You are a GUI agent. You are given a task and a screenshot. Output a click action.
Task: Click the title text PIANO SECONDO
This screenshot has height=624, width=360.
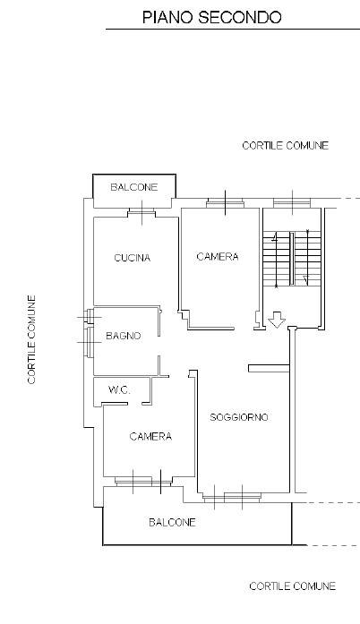212,17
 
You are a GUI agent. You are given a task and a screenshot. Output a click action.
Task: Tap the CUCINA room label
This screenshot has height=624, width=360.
133,258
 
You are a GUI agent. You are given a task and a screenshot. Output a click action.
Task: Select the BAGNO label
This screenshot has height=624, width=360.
124,336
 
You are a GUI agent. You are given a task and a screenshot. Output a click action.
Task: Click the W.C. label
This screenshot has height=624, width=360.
119,390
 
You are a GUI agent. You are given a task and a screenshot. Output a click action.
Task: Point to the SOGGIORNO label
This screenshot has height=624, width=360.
239,417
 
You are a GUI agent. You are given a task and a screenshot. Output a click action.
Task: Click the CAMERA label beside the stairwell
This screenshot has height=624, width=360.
218,257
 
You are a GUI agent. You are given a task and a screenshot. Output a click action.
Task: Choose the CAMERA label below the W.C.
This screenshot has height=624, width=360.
150,437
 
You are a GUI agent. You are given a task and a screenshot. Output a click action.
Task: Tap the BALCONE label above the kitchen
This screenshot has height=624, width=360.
134,187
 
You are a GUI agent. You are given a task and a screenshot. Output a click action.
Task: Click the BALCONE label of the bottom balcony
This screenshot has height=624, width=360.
173,522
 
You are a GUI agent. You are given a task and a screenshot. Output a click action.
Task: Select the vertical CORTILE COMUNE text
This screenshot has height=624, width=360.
32,339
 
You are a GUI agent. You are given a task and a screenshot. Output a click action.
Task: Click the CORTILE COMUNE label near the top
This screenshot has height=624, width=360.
285,145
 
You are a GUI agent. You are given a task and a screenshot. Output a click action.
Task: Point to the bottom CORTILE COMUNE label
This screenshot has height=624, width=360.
292,586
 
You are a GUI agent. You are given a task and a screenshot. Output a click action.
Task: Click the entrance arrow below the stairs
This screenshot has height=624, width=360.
277,320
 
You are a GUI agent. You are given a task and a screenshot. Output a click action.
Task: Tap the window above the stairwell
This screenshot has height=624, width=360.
292,203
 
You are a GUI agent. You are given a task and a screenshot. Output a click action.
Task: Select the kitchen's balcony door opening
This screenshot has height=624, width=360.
141,213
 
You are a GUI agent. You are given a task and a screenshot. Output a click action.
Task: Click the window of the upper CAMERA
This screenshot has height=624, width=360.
226,203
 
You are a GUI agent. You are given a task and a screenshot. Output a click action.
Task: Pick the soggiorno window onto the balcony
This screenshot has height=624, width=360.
232,497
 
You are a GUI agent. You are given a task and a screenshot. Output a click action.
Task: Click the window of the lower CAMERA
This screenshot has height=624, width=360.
143,482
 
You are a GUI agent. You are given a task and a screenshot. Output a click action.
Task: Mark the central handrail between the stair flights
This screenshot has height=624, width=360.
292,259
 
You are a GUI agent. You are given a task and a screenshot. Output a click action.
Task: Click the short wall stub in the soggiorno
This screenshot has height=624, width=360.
269,369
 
